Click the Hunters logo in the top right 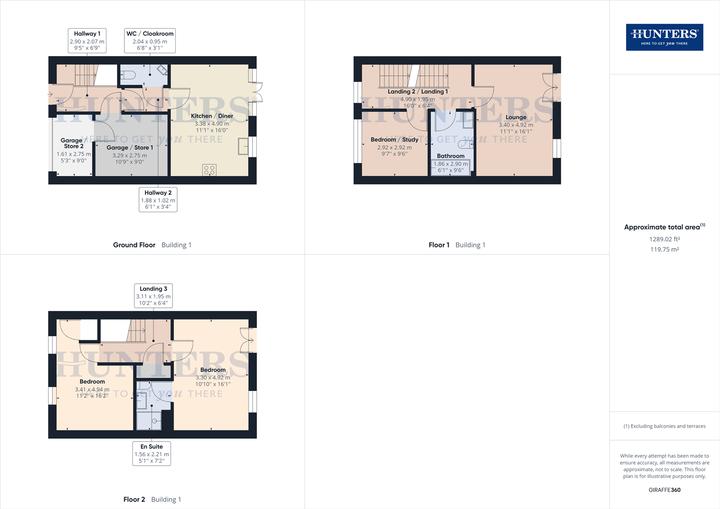coord(664,37)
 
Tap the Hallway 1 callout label coord(87,41)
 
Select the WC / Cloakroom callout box coord(150,41)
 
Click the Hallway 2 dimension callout coord(158,199)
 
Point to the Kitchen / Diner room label coord(212,116)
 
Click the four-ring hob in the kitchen coord(209,170)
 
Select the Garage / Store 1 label coord(130,148)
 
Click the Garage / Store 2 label coord(72,143)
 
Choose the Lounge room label coord(516,117)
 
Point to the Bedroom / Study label coord(394,140)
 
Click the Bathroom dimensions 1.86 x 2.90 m coord(450,164)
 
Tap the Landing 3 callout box coord(153,296)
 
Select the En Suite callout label coord(152,453)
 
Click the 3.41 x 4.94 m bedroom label coord(92,389)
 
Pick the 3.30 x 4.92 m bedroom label coord(213,377)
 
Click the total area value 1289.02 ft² coord(664,239)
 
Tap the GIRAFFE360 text coord(664,490)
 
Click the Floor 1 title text coord(439,245)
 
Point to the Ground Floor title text coord(134,245)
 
